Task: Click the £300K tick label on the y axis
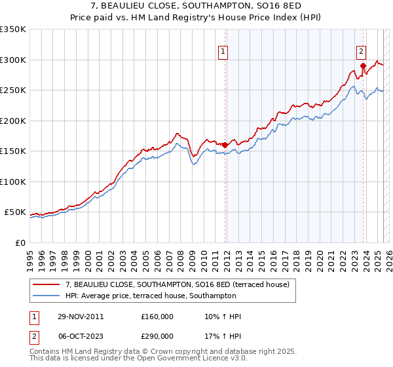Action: (12, 60)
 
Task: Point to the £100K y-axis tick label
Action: (12, 182)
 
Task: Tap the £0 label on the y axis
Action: (19, 242)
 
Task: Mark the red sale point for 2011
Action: (225, 145)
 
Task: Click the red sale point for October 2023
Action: (362, 66)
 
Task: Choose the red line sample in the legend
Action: (47, 284)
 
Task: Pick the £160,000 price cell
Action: (157, 317)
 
